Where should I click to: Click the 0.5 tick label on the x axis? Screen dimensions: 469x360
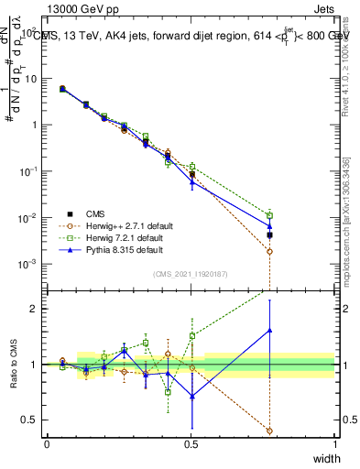coord(191,443)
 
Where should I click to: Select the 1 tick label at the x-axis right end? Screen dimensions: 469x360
coord(335,443)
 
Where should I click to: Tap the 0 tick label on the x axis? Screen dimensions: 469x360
coord(47,443)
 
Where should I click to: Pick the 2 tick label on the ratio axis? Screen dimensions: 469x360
coord(36,309)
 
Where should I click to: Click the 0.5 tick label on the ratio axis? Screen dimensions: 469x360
coord(32,420)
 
